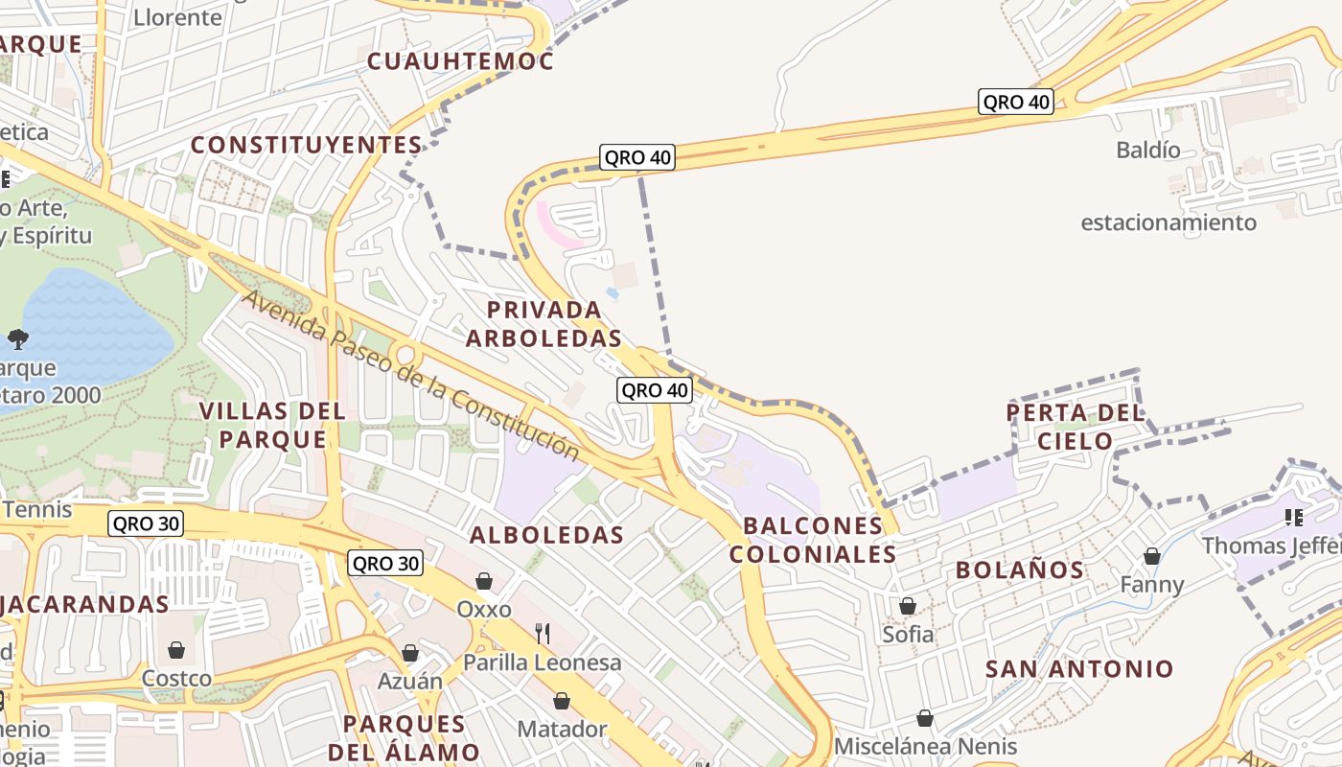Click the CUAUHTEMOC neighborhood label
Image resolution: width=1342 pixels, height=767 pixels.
461,61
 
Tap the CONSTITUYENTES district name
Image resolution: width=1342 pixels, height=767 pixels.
306,145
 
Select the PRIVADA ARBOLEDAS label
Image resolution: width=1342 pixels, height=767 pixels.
544,324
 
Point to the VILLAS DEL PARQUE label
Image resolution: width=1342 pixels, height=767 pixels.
272,425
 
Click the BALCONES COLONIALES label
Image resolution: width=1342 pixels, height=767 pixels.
812,540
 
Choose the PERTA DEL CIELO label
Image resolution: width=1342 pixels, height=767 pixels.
1075,427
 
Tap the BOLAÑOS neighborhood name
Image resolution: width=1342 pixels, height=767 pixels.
1020,569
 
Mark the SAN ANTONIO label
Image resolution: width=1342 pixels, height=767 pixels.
1079,668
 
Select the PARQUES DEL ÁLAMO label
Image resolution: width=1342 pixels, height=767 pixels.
404,737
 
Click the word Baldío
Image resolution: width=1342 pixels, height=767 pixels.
1148,150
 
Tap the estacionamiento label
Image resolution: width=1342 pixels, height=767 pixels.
1168,222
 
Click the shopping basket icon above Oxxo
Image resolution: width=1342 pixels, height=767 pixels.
484,581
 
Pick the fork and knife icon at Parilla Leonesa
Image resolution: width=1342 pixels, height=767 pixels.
543,633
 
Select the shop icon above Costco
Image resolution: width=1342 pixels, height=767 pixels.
176,650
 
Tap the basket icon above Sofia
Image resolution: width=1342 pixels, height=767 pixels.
907,606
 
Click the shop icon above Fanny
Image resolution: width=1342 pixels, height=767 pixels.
1152,556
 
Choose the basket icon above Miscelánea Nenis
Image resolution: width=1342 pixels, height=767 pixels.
925,718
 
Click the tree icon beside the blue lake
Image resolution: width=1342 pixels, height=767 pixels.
17,337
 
